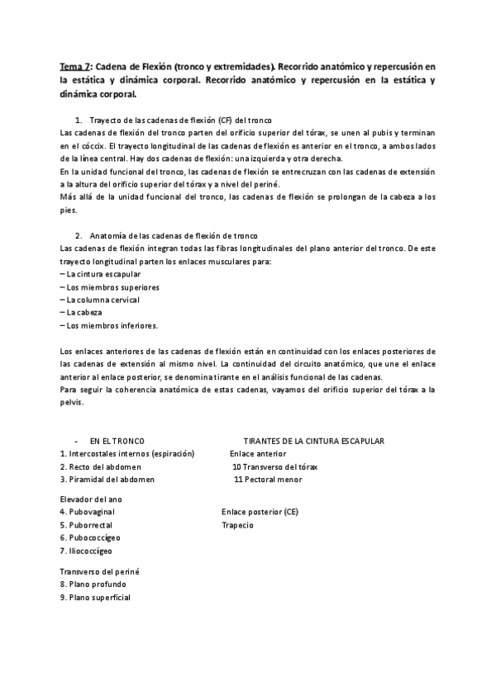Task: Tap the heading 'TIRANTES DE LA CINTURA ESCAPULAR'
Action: tap(313, 442)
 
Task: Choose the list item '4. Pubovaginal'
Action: tap(87, 512)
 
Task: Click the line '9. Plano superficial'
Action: tap(95, 597)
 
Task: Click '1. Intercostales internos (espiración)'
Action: tap(126, 454)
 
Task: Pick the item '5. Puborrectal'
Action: tap(86, 525)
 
